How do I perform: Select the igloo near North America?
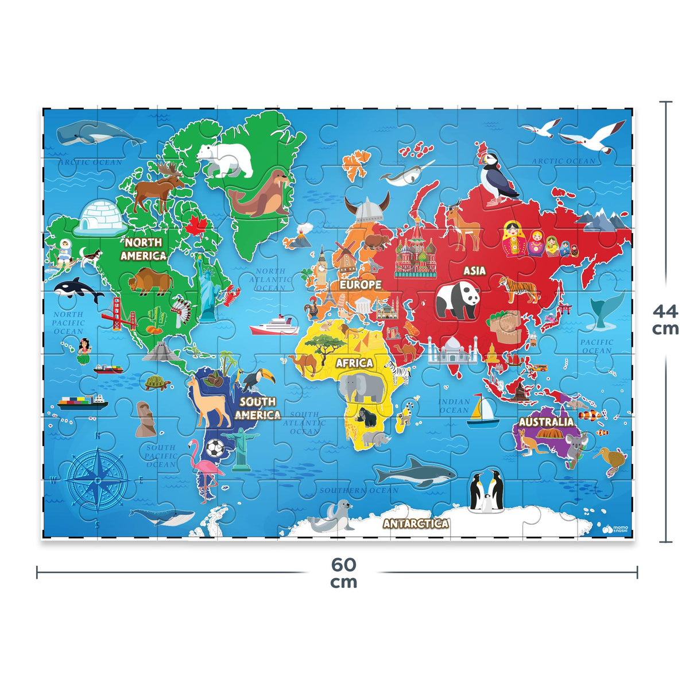coord(100,216)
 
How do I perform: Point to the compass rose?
coord(97,479)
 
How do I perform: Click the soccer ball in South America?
coord(215,448)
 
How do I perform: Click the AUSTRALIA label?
coord(546,422)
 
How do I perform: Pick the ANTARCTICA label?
coord(416,523)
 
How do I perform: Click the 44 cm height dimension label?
coord(665,320)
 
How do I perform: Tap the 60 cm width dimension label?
coord(343,573)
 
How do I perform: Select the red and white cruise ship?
coord(274,326)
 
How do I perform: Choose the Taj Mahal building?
coord(452,350)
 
